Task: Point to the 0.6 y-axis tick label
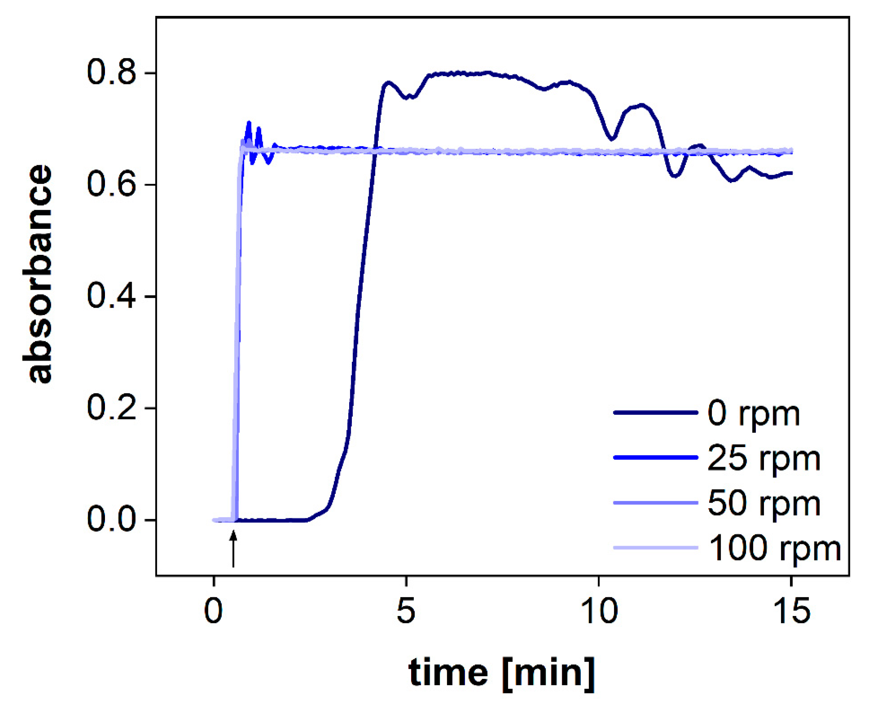coord(111,184)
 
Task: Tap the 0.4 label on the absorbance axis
coord(111,296)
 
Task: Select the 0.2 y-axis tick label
coord(111,408)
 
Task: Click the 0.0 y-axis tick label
coord(111,520)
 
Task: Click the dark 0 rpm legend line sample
coord(655,413)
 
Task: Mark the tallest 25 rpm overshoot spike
coord(249,123)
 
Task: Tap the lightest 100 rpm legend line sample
coord(655,548)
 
